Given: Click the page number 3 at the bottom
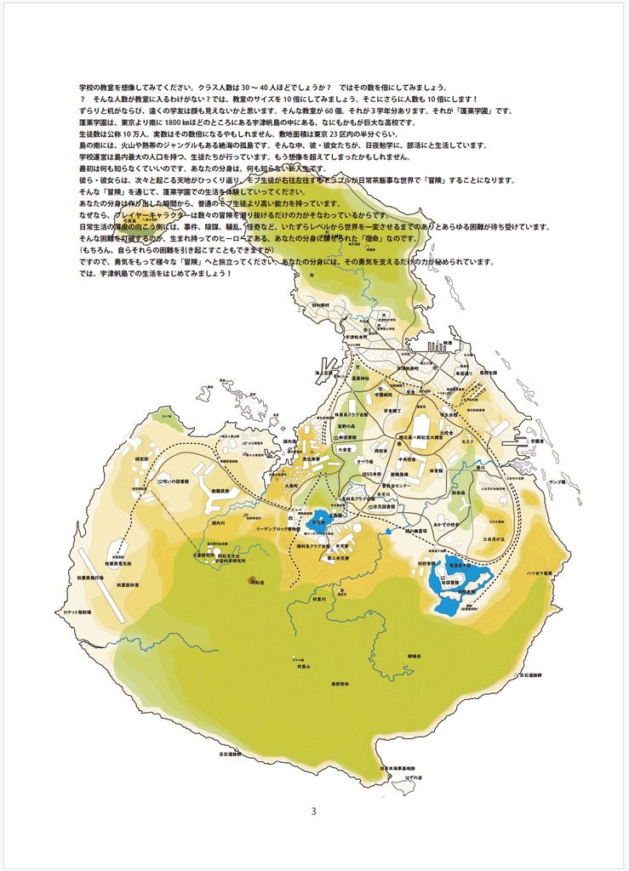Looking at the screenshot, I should (313, 811).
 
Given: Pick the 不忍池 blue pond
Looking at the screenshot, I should (321, 518).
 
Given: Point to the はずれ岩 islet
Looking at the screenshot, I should (414, 777).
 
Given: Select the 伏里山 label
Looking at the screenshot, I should (304, 666).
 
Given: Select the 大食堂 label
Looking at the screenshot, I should (345, 449).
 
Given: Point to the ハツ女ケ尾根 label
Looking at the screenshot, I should (540, 572).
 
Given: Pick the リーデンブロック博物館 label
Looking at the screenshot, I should (278, 528).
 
